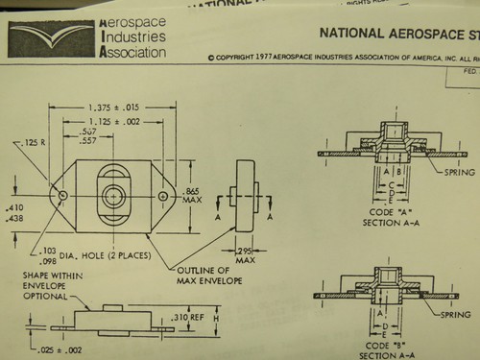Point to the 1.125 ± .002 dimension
click(113, 121)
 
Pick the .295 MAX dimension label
click(247, 255)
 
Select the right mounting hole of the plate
click(163, 196)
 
